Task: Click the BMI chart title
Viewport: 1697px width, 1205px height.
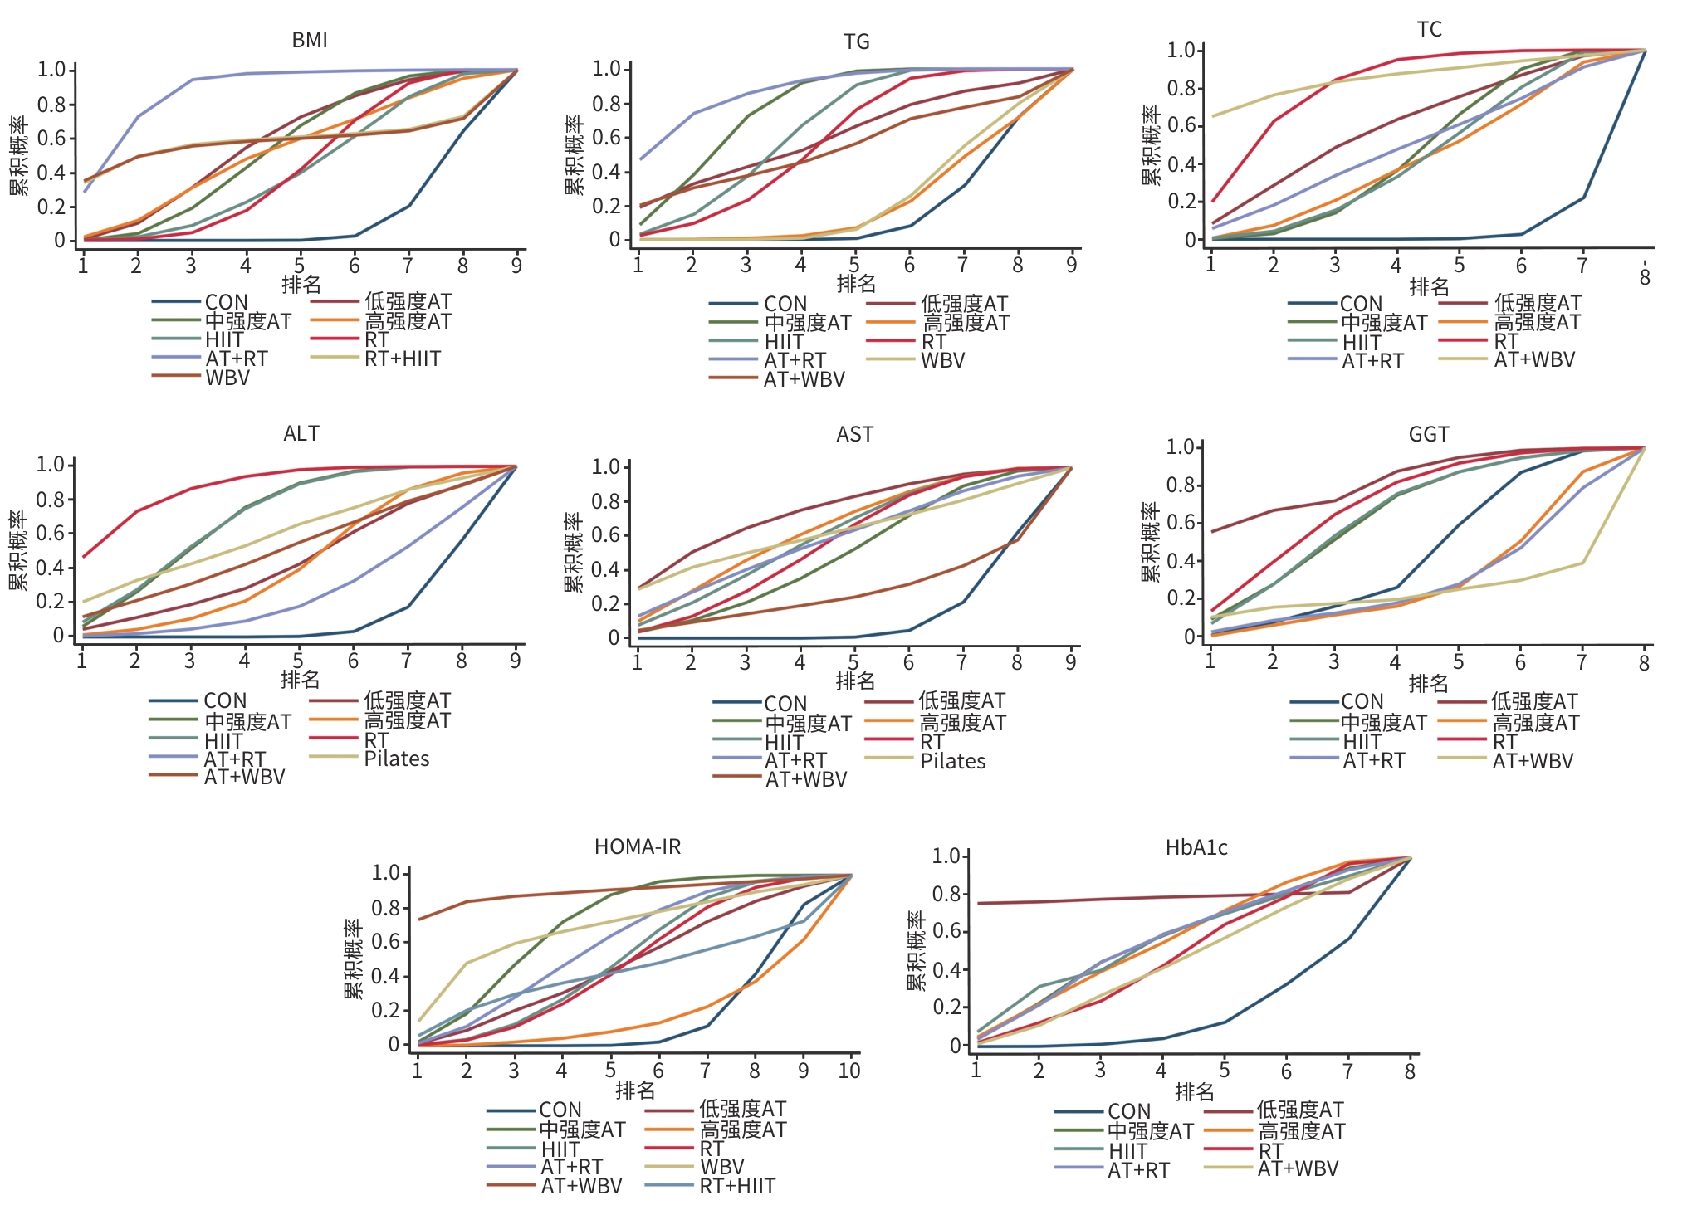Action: (x=310, y=40)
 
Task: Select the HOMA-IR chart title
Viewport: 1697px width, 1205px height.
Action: (x=638, y=846)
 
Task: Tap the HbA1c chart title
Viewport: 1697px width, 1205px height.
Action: (x=1196, y=847)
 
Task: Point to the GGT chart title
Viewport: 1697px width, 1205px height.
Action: (x=1429, y=434)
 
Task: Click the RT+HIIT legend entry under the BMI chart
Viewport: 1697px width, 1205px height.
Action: (x=403, y=359)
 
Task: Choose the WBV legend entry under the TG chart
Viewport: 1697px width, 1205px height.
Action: (x=943, y=360)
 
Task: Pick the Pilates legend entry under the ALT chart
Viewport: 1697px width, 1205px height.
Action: (x=397, y=759)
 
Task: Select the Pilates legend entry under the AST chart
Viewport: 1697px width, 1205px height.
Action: (x=952, y=761)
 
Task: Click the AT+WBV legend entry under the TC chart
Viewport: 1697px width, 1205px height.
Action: (x=1534, y=359)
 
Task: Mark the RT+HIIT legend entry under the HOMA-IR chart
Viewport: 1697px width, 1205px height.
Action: (x=737, y=1186)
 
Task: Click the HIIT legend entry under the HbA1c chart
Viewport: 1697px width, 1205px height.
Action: (x=1127, y=1151)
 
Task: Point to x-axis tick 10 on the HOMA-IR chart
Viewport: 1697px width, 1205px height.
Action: (x=849, y=1071)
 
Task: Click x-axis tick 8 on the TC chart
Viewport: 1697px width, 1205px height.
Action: (x=1645, y=277)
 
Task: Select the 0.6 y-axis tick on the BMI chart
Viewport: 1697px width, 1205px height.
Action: (x=51, y=138)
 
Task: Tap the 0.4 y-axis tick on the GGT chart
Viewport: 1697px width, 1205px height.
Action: (x=1181, y=561)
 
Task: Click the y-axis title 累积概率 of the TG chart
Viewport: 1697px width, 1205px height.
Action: (x=575, y=156)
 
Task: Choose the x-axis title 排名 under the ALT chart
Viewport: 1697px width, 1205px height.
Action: (x=301, y=680)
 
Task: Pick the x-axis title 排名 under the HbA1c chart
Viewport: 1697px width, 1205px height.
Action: (x=1195, y=1092)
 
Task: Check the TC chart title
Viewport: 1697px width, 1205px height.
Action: (x=1430, y=30)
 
